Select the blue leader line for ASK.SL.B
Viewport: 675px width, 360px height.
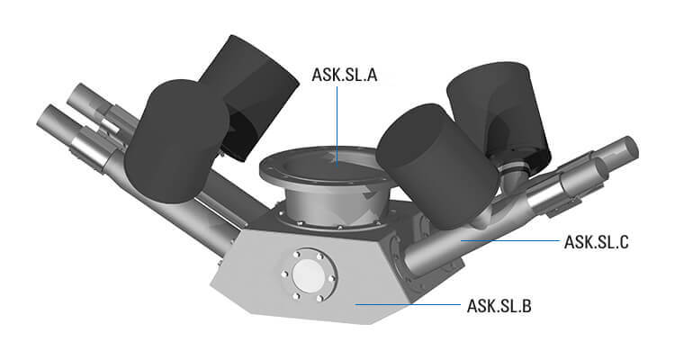click(405, 305)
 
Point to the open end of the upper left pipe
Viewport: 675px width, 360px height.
click(76, 94)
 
